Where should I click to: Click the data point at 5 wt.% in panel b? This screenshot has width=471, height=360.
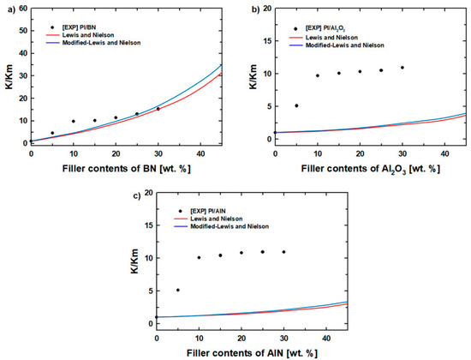tap(296, 105)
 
